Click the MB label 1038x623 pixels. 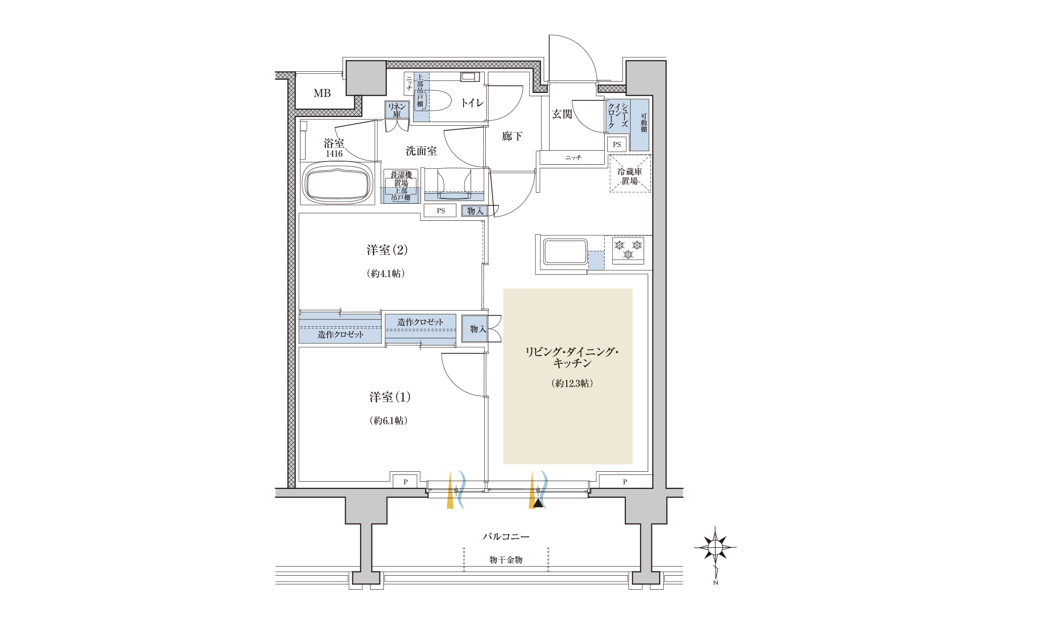click(322, 94)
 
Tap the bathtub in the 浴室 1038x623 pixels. click(338, 183)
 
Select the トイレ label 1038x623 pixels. click(472, 103)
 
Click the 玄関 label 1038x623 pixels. click(562, 114)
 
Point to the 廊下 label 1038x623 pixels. click(512, 136)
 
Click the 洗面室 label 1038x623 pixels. click(421, 151)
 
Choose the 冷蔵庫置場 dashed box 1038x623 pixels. click(630, 174)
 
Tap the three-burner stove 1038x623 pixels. click(628, 250)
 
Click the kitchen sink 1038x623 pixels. click(565, 252)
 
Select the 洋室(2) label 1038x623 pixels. click(387, 250)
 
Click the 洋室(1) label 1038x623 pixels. click(390, 397)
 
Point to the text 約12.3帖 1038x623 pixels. click(572, 383)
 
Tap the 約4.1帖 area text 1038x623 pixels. click(386, 273)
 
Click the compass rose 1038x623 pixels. click(715, 547)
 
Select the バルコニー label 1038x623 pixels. click(506, 536)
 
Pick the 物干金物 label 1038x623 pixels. click(506, 560)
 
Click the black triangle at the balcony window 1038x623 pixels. click(539, 502)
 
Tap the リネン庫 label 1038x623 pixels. click(397, 110)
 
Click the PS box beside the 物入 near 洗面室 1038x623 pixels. click(441, 210)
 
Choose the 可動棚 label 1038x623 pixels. click(644, 123)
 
